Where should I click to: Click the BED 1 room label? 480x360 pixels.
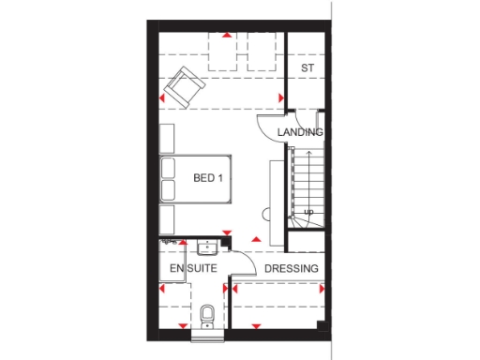pos(207,176)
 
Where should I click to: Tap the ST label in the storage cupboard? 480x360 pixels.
pos(307,69)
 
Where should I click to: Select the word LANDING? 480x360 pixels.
pos(300,133)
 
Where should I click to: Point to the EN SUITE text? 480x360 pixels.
pos(193,270)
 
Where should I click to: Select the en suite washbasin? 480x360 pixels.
pos(207,247)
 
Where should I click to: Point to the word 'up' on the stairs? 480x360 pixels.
pos(307,213)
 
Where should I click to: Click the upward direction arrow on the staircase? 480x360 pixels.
pos(305,187)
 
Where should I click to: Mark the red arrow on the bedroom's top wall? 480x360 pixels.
pos(226,37)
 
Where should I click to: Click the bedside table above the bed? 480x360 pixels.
pos(168,138)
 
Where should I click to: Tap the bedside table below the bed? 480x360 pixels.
pos(168,218)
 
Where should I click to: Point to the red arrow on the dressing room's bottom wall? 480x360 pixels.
pos(257,326)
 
